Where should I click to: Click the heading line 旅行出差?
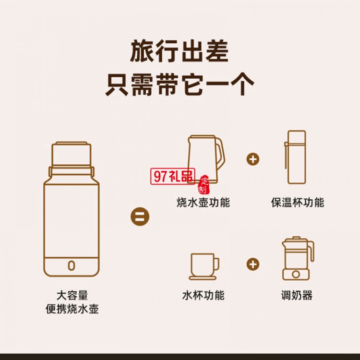tap(180, 51)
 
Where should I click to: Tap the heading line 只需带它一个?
tap(180, 84)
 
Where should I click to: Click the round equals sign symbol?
tap(140, 216)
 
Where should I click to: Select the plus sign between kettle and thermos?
tap(253, 159)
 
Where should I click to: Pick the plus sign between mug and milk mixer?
tap(253, 264)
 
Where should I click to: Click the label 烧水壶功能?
tap(203, 202)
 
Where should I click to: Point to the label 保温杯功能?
tap(298, 202)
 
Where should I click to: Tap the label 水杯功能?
tap(203, 295)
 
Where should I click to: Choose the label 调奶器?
tap(297, 295)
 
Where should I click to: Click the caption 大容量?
tap(72, 295)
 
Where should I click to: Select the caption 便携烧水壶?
tap(72, 309)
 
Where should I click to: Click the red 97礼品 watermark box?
tap(173, 176)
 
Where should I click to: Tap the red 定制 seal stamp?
tap(204, 185)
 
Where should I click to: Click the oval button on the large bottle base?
tap(72, 265)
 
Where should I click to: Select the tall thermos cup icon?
tap(296, 157)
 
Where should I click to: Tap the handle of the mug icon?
tap(216, 264)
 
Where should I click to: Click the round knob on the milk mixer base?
tap(296, 274)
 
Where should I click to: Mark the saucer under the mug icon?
tap(203, 278)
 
